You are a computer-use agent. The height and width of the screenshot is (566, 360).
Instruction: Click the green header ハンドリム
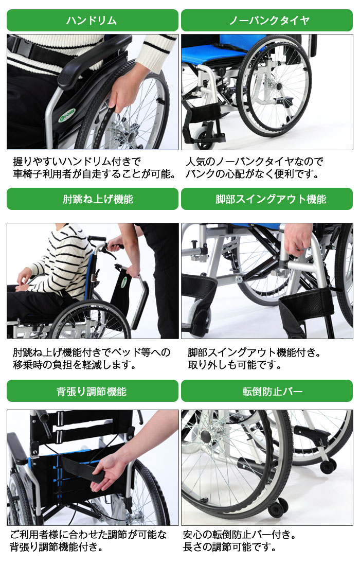92,21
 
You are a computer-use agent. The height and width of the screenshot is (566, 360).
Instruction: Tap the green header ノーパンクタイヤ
267,21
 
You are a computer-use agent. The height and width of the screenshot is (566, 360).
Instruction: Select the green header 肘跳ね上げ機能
92,199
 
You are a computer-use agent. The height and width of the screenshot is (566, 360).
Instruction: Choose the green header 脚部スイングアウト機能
267,199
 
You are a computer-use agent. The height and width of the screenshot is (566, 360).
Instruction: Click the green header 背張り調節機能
92,391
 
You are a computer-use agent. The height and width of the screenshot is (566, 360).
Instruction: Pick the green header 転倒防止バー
267,391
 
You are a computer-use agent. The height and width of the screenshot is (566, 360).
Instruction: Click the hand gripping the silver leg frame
298,239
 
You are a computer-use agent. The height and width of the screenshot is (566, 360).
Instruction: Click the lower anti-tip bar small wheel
278,508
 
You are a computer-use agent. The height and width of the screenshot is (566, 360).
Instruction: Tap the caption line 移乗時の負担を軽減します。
75,365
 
